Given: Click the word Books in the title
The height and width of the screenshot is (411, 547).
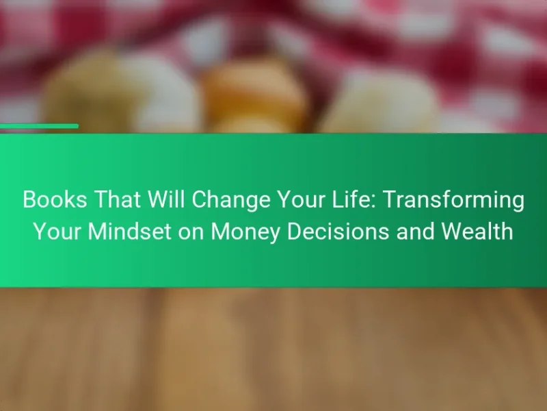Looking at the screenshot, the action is tap(55, 199).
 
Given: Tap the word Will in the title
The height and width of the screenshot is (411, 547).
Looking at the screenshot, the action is tap(166, 199).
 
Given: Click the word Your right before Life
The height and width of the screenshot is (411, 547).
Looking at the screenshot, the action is tap(301, 199).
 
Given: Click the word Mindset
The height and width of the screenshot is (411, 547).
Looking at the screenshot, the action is tap(130, 232).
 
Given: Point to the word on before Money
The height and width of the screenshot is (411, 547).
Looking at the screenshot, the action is tap(191, 234).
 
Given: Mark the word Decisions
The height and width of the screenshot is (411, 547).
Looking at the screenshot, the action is tap(338, 232).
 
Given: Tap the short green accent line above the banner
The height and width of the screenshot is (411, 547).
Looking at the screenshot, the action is tap(39, 126).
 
